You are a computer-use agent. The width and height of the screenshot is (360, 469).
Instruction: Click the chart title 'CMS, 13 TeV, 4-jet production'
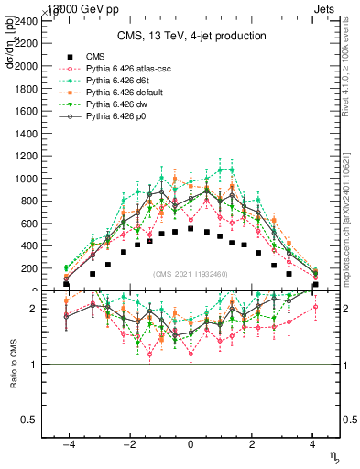click(191, 37)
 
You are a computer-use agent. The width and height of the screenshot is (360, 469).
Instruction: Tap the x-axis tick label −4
click(67, 443)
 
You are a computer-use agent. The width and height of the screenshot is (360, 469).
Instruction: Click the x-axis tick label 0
click(191, 443)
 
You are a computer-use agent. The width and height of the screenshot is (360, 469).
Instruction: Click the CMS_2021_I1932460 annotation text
click(191, 274)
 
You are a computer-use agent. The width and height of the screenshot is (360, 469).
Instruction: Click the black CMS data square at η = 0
click(191, 229)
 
